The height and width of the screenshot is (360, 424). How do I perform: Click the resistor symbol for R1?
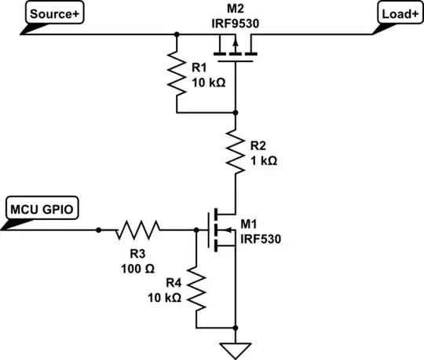pos(177,72)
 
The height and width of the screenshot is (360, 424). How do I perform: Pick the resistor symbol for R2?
pos(235,151)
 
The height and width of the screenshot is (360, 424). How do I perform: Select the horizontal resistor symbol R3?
pos(138,230)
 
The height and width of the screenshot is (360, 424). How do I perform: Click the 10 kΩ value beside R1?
pos(209,81)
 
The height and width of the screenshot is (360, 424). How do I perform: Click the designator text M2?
pos(236,8)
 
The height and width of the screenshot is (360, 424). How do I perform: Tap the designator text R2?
pos(261,145)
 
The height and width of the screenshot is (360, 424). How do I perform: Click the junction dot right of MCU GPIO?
pos(99,230)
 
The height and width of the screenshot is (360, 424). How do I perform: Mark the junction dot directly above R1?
pos(177,34)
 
